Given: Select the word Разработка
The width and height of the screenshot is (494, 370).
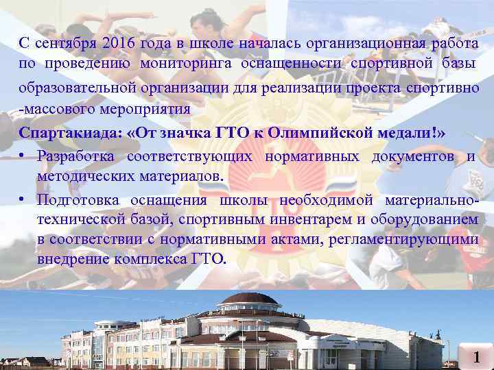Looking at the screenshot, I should coord(77,156).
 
